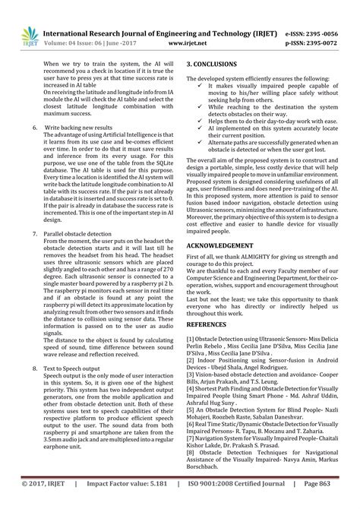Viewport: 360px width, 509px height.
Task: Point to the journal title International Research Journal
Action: [122, 34]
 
